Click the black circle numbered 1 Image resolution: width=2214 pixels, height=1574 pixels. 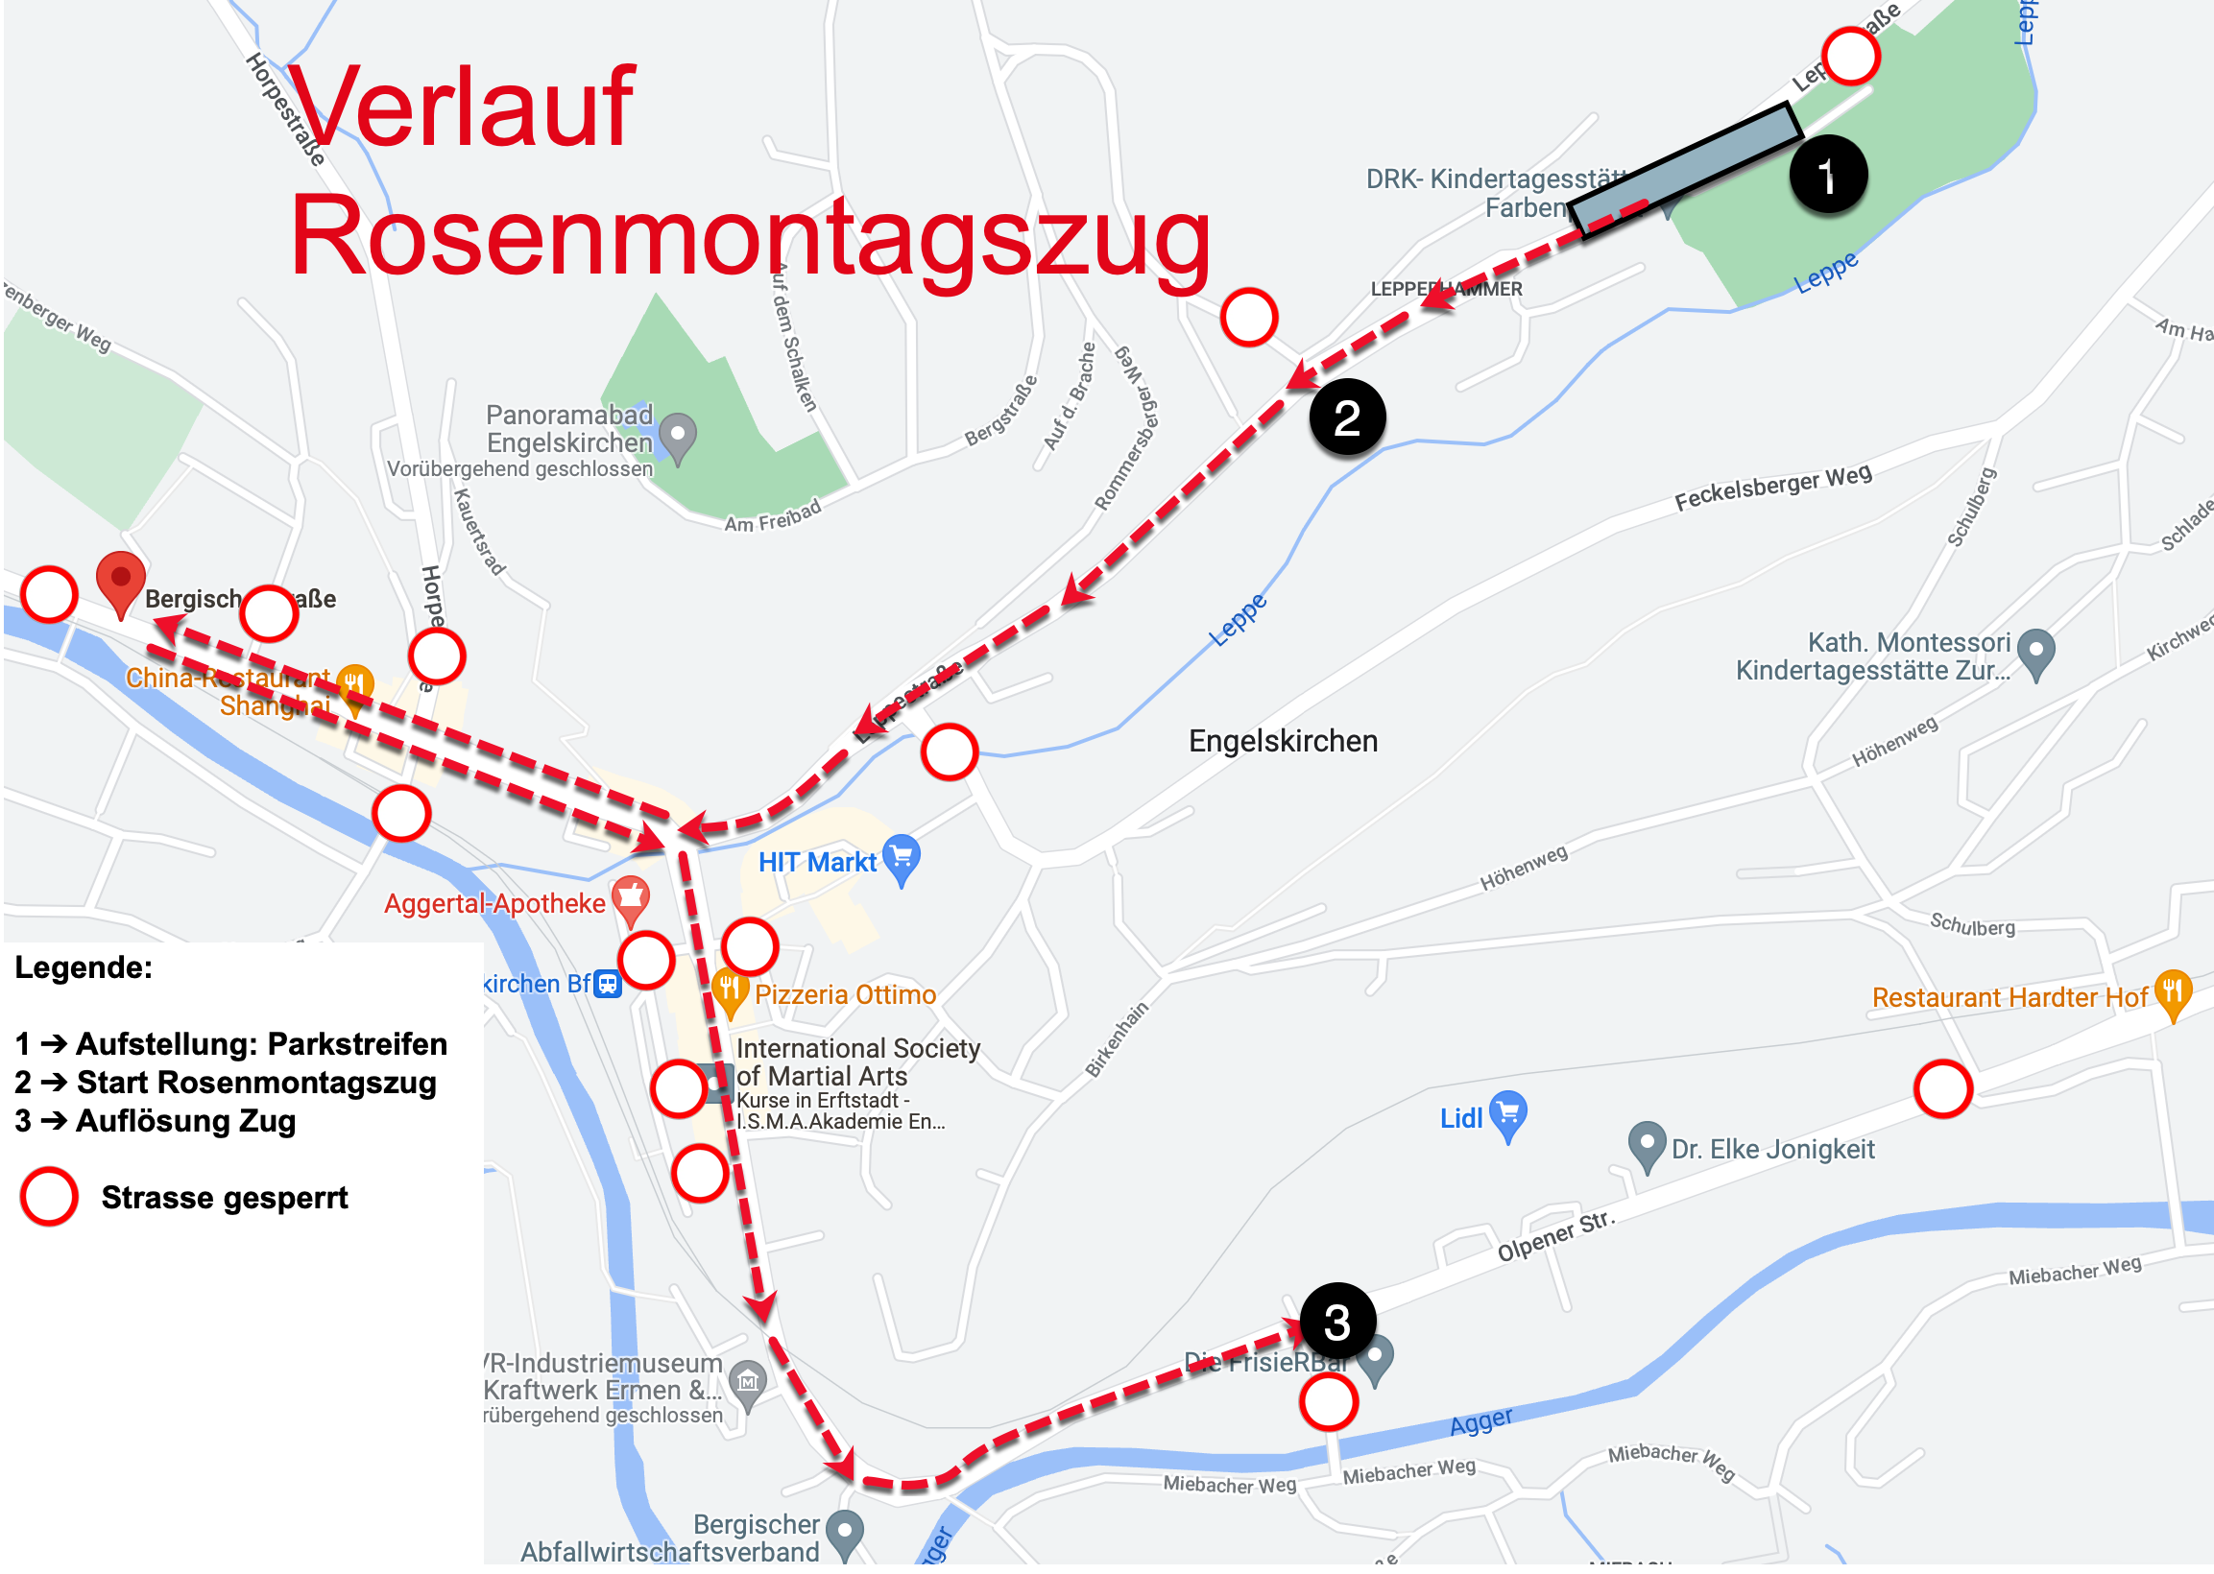tap(1827, 176)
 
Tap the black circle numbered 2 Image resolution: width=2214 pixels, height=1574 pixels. tap(1346, 417)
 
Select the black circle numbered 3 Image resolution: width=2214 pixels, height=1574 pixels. tap(1336, 1322)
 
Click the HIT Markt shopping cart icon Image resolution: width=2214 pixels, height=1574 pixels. tap(902, 858)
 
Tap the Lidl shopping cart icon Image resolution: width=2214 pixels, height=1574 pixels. tap(1507, 1113)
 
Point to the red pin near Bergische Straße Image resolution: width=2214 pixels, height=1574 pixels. tap(120, 581)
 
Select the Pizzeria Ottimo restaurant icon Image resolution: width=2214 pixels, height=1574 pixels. tap(730, 991)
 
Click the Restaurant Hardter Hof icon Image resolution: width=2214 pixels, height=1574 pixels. tap(2173, 993)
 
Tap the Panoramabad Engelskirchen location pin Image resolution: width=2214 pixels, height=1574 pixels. tap(678, 435)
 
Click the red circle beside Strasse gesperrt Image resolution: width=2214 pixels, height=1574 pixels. tap(48, 1197)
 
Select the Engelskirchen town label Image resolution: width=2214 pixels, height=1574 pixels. tap(1283, 742)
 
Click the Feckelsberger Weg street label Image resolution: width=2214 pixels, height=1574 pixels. tap(1772, 487)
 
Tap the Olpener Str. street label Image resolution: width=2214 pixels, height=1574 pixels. tap(1554, 1236)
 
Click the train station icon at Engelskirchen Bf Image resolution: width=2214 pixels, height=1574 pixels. tap(608, 984)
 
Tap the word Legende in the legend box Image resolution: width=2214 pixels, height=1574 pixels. tap(84, 967)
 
